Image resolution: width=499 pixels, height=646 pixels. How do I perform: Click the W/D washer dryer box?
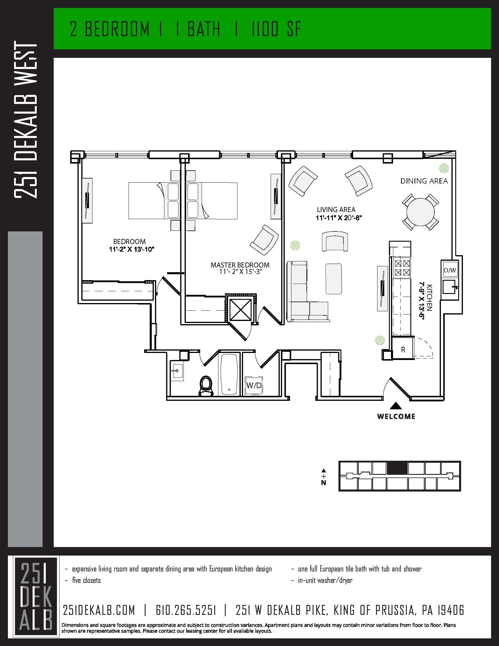pos(254,386)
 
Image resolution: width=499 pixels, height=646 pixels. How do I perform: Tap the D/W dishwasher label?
pos(450,270)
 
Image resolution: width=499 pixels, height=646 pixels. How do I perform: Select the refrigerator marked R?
pos(403,350)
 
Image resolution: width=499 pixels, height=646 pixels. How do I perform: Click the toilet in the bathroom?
pos(206,386)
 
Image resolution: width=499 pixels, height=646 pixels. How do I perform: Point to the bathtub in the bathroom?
pos(230,374)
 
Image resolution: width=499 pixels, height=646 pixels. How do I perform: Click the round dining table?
pos(420,212)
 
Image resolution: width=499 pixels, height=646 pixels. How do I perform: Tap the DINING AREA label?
pos(424,181)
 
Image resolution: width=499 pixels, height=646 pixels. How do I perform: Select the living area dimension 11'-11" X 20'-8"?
pos(339,218)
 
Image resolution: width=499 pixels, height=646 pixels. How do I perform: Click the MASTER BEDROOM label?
pos(240,265)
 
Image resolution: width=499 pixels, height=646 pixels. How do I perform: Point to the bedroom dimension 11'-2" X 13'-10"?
pos(132,249)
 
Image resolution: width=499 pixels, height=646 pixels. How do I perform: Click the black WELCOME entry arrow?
pos(396,406)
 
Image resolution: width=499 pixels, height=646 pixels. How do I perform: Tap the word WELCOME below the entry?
pos(396,416)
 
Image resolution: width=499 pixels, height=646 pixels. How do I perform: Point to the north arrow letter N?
pos(324,483)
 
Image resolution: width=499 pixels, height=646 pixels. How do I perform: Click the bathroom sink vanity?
pos(177,371)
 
